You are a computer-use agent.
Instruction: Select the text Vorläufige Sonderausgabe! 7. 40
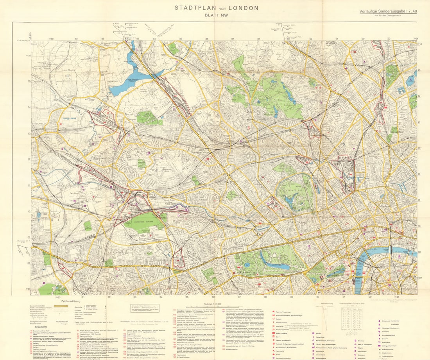(x=388, y=11)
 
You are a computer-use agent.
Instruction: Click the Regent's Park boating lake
(x=291, y=199)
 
